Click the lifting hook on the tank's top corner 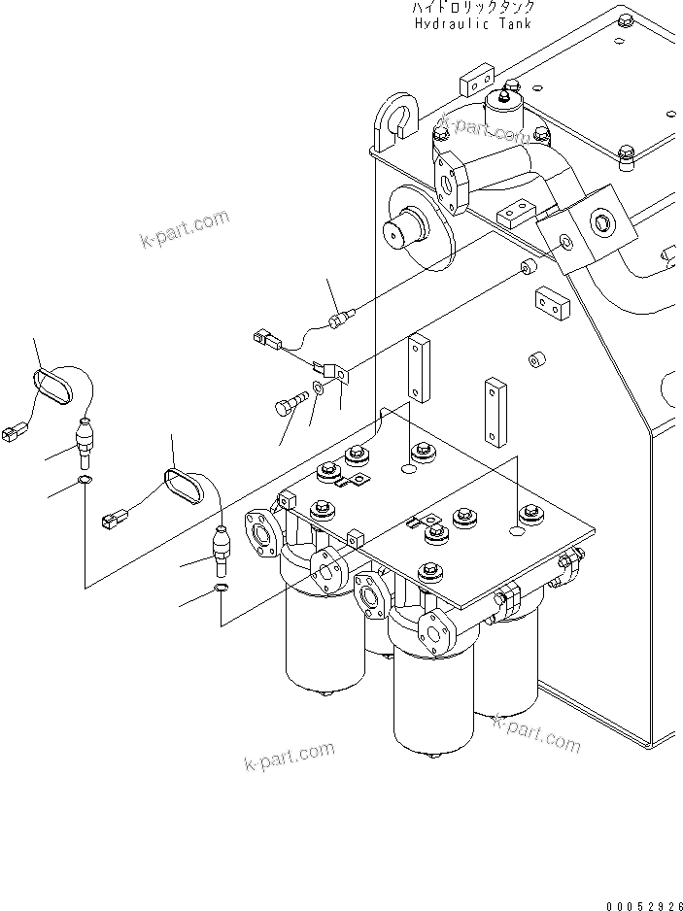396,118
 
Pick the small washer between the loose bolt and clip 321,392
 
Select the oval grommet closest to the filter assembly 187,487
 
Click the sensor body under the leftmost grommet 85,443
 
